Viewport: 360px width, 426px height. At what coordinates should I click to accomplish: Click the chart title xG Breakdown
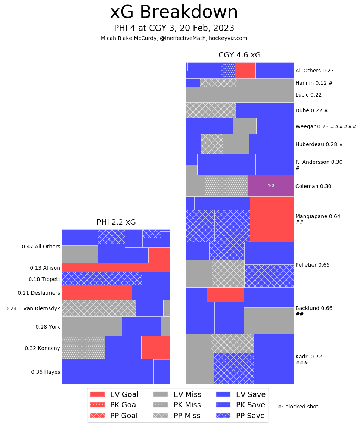tap(174, 13)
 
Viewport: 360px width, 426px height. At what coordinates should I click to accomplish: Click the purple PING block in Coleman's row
tap(271, 185)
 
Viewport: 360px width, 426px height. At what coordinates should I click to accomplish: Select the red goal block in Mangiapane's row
tap(271, 219)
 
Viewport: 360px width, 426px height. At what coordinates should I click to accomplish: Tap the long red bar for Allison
tap(116, 267)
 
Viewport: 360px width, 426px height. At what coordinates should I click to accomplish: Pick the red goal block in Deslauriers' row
tap(97, 292)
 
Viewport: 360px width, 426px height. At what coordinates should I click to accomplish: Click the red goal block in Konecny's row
tap(156, 347)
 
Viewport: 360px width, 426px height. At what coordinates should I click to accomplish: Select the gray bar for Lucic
tap(239, 94)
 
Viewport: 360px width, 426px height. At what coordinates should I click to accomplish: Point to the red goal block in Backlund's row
tap(225, 295)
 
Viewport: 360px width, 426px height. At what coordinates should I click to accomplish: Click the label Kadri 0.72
tap(308, 357)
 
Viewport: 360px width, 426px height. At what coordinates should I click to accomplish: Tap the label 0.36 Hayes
tap(46, 372)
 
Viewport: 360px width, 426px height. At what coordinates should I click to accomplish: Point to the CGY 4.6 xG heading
tap(239, 55)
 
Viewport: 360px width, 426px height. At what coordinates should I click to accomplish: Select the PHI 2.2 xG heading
tap(116, 222)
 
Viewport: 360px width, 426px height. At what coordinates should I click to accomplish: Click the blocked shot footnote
tap(298, 407)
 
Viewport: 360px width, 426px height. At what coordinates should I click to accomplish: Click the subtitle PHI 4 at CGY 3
tap(174, 28)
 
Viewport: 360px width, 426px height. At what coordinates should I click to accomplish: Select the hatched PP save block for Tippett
tap(102, 279)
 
